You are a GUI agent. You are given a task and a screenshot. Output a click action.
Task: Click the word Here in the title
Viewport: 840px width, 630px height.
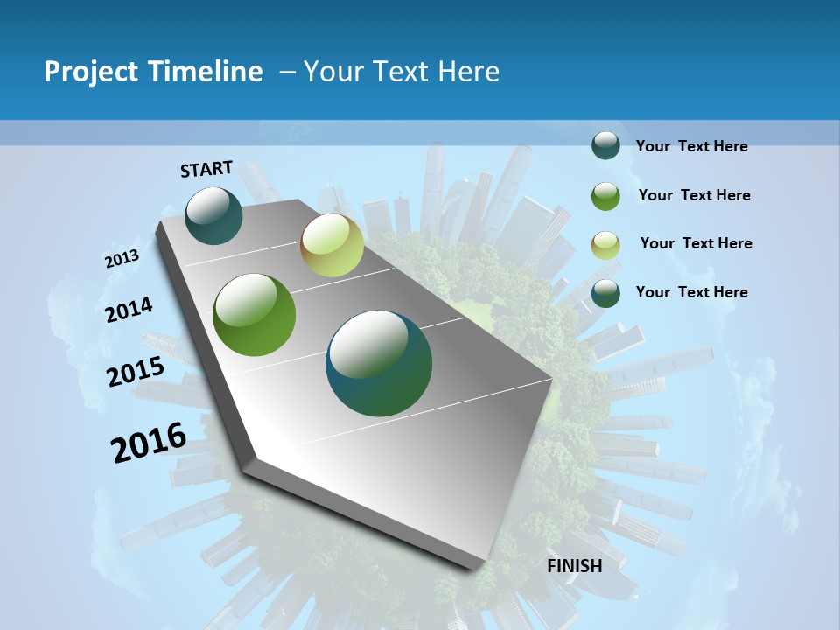pos(469,72)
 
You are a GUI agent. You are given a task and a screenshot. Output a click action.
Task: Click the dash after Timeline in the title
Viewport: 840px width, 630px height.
pos(287,72)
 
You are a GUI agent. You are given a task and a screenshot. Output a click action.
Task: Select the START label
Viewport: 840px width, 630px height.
pos(206,169)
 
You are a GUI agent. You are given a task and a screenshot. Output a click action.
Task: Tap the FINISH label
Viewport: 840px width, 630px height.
pos(575,566)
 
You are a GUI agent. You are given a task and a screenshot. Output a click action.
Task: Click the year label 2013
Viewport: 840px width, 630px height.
pos(122,259)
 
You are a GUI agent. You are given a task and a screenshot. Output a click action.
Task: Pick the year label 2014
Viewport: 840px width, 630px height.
pos(129,310)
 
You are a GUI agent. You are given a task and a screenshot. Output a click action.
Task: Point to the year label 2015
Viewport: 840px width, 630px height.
pos(136,372)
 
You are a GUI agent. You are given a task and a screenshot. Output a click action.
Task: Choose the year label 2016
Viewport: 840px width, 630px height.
pos(150,442)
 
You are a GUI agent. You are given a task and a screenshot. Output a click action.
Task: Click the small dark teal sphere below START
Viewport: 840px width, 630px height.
pos(213,216)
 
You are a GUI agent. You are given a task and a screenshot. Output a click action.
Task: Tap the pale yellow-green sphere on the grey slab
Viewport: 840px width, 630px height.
pos(332,245)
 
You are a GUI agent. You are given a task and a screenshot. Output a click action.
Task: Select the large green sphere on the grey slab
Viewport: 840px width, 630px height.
pos(255,315)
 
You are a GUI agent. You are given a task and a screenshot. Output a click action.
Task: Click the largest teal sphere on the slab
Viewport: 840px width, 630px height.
pos(379,363)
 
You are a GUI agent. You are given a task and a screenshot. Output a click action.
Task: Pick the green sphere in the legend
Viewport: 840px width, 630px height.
pos(605,196)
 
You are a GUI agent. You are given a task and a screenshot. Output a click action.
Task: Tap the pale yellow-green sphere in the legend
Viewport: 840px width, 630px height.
pos(605,245)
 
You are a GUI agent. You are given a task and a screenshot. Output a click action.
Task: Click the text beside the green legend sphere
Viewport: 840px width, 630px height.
pos(694,195)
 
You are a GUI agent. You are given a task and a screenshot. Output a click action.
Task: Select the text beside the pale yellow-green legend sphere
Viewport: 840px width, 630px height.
pos(696,243)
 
